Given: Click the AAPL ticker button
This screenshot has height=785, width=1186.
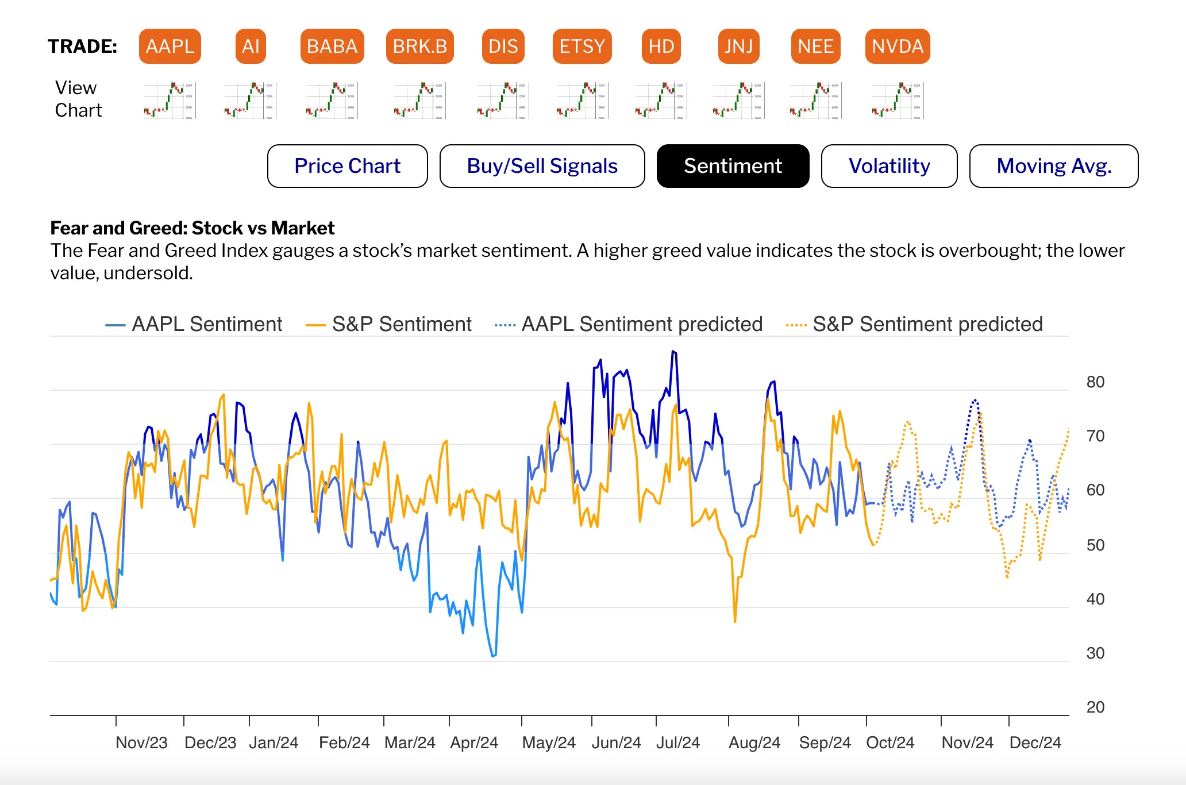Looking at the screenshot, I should point(170,46).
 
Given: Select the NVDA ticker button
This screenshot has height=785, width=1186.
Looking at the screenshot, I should point(897,46).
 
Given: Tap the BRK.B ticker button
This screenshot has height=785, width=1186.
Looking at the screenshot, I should point(419,46).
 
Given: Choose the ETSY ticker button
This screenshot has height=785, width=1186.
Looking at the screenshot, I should point(582,46).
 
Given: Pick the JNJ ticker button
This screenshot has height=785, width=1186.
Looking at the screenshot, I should point(738,46).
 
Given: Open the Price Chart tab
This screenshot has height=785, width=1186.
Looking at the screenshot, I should point(347,166).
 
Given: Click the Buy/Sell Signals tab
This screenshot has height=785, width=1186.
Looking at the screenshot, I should point(542,166).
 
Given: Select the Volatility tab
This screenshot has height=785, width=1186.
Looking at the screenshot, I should point(889,166).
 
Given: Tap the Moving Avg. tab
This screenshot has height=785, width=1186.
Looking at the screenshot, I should point(1053,166).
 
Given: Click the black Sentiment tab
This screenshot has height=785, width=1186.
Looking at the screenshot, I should point(733,166).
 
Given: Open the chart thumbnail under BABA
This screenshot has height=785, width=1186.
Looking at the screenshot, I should point(332,101).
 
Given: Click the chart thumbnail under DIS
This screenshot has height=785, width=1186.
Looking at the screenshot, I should point(503,101).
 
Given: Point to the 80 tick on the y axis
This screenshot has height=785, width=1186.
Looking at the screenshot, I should point(1095,382).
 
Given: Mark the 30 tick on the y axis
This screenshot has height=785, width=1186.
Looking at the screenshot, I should point(1095,653).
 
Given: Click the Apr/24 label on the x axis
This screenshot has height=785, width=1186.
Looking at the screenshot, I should point(474,742).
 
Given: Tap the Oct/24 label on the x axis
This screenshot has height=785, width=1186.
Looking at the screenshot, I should point(890,742).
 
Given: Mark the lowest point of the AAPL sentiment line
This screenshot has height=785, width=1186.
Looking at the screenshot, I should point(493,656).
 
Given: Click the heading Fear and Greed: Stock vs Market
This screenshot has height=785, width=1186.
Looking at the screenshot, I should point(192,228).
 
